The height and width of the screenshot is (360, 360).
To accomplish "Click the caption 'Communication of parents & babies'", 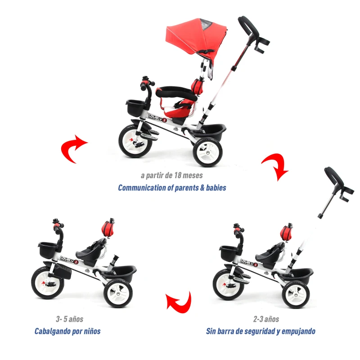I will (x=172, y=188).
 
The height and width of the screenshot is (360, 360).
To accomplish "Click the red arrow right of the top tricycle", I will (x=275, y=166).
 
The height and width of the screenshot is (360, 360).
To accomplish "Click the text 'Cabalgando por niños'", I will (x=67, y=331).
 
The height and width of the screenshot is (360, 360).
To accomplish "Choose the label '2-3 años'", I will (x=266, y=319).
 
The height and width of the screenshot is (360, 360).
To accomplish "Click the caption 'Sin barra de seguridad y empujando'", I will (x=261, y=331).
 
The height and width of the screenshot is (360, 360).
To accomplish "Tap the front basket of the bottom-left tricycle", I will (x=48, y=249).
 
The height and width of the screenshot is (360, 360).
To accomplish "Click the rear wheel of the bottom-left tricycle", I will (x=118, y=293).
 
